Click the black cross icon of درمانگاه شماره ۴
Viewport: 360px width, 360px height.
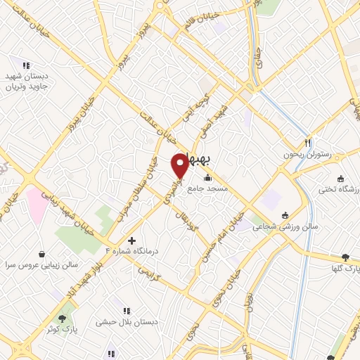pos(131,240)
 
